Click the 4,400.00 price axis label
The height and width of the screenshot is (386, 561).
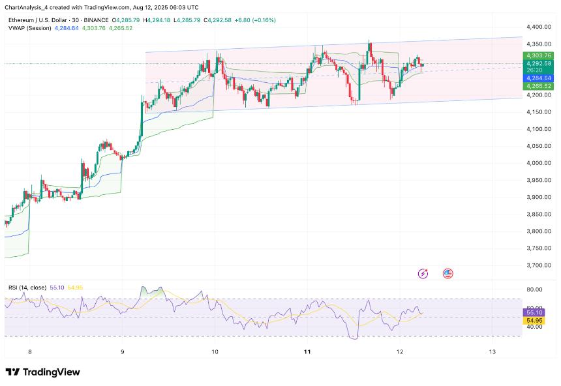tap(538, 27)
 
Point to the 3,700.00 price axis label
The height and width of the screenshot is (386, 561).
tap(538, 265)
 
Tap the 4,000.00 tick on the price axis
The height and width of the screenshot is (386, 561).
tap(538, 163)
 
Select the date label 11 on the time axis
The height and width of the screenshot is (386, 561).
tap(307, 352)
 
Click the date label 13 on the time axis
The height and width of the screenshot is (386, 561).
tap(493, 352)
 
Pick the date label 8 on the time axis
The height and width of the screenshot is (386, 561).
tap(29, 352)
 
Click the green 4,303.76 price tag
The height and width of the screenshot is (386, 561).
tap(538, 56)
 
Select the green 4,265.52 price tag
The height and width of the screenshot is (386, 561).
tap(538, 85)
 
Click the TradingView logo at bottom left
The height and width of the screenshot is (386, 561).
tap(42, 372)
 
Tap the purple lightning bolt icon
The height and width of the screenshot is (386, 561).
tap(423, 274)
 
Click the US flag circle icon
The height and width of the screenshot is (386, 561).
tap(447, 274)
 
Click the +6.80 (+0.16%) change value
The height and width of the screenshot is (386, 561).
tap(255, 20)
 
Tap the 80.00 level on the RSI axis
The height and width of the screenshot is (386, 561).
tap(534, 289)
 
